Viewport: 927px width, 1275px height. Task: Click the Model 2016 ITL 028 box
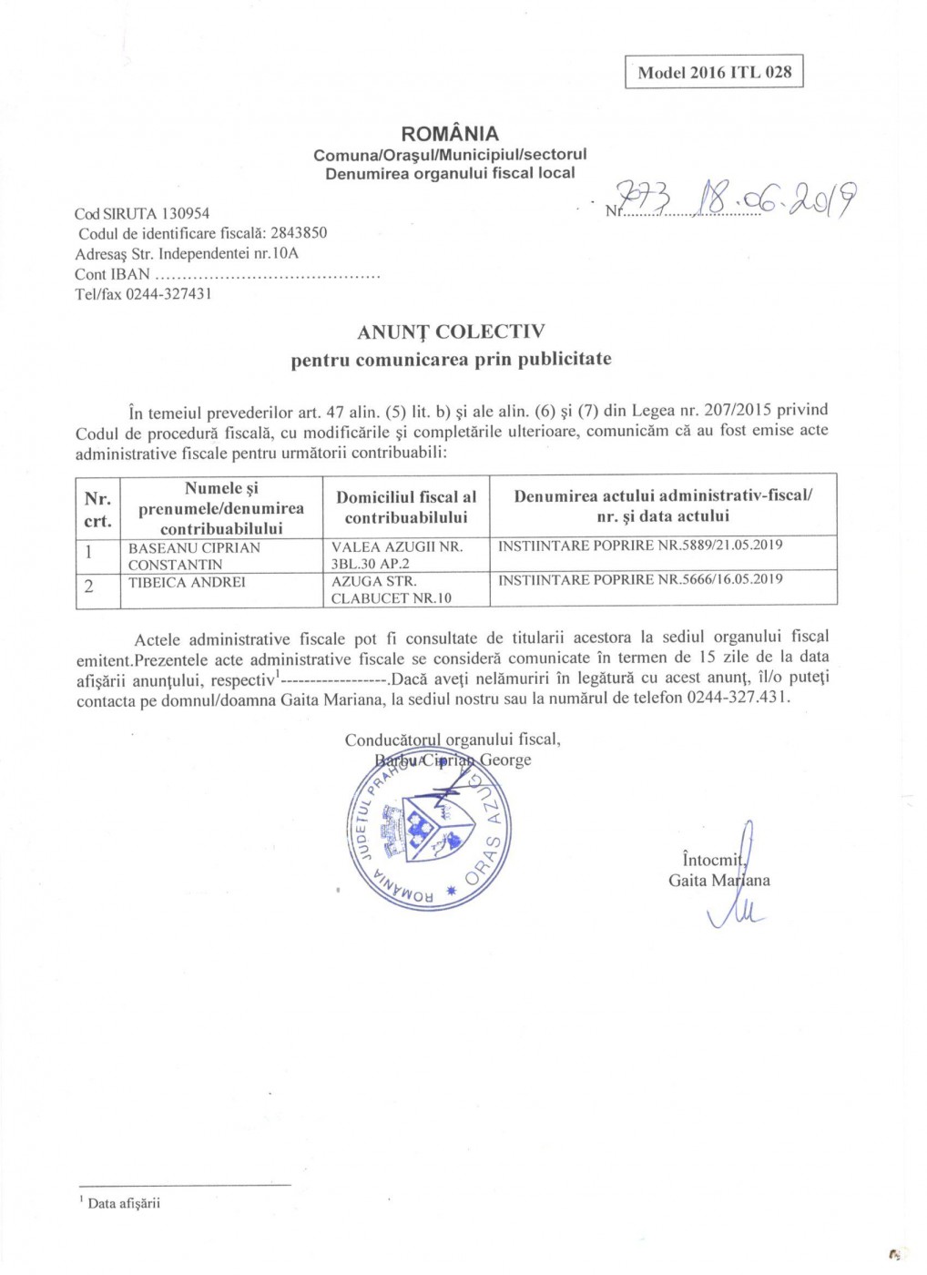coord(714,72)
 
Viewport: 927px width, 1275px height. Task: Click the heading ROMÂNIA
coord(450,133)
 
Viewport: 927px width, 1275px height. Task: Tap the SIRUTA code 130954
coord(185,213)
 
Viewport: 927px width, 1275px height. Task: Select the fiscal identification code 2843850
coord(299,233)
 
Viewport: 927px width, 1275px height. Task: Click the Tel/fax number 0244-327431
coord(168,293)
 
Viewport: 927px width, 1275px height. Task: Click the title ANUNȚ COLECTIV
coord(451,331)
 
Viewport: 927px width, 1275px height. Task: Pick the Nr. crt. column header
coord(97,509)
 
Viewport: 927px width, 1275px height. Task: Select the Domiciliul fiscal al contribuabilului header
coord(406,507)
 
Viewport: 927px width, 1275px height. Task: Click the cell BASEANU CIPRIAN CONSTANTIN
coord(194,556)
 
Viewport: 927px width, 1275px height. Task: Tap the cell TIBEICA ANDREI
coord(187,582)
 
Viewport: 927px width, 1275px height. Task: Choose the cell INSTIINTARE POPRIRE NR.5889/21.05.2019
coord(640,546)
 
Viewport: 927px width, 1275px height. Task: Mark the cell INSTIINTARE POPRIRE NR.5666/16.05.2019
coord(640,579)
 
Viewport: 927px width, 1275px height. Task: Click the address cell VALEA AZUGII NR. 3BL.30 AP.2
coord(397,556)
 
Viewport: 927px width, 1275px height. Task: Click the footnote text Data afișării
coord(123,1203)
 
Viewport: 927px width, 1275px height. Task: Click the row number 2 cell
coord(88,586)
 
